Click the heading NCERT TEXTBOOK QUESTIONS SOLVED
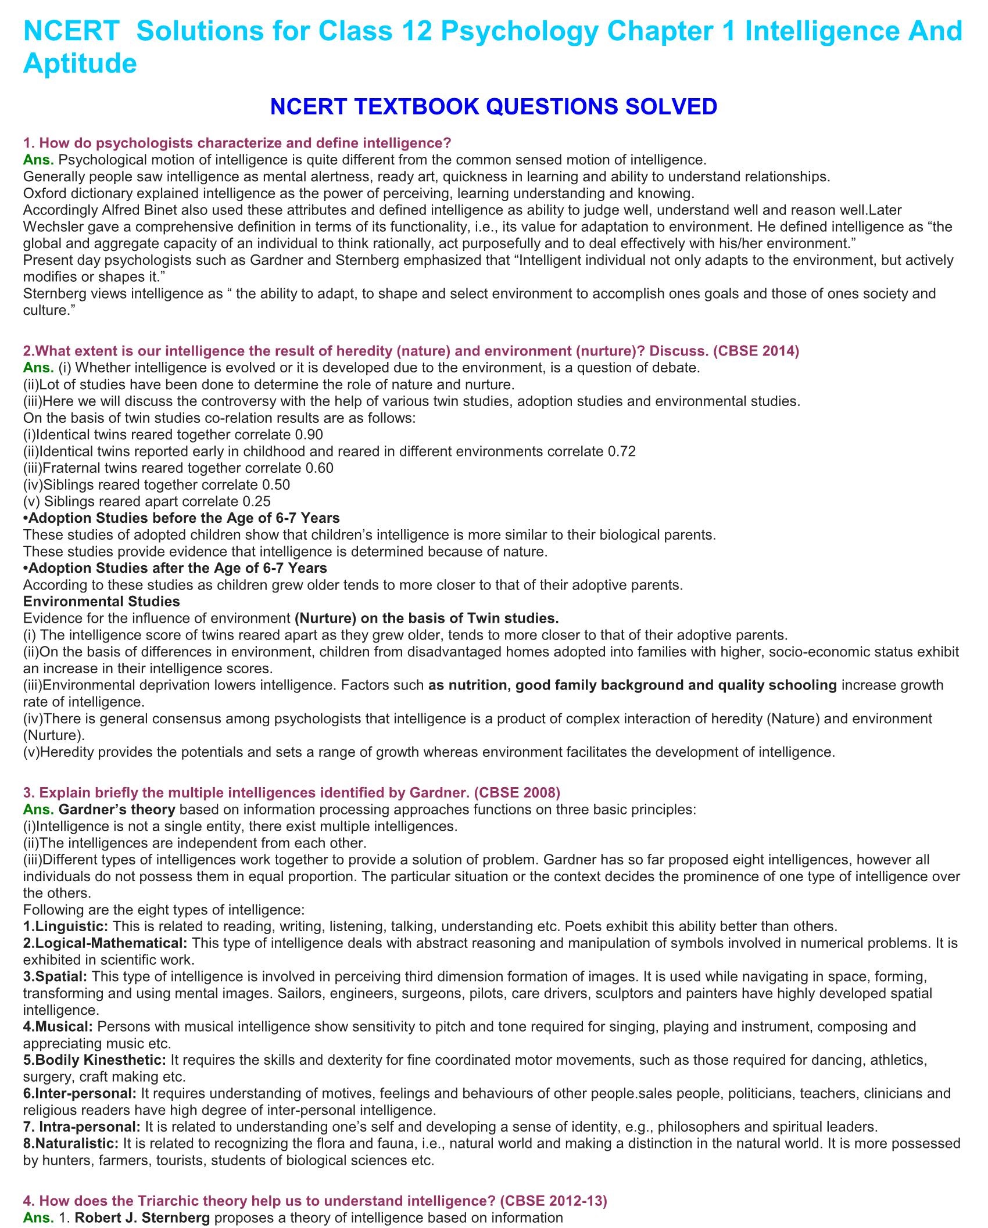tap(493, 107)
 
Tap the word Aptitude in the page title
tap(80, 63)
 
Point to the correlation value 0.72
tap(621, 451)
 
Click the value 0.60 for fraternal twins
tap(319, 468)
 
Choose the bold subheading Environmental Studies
tap(101, 601)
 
